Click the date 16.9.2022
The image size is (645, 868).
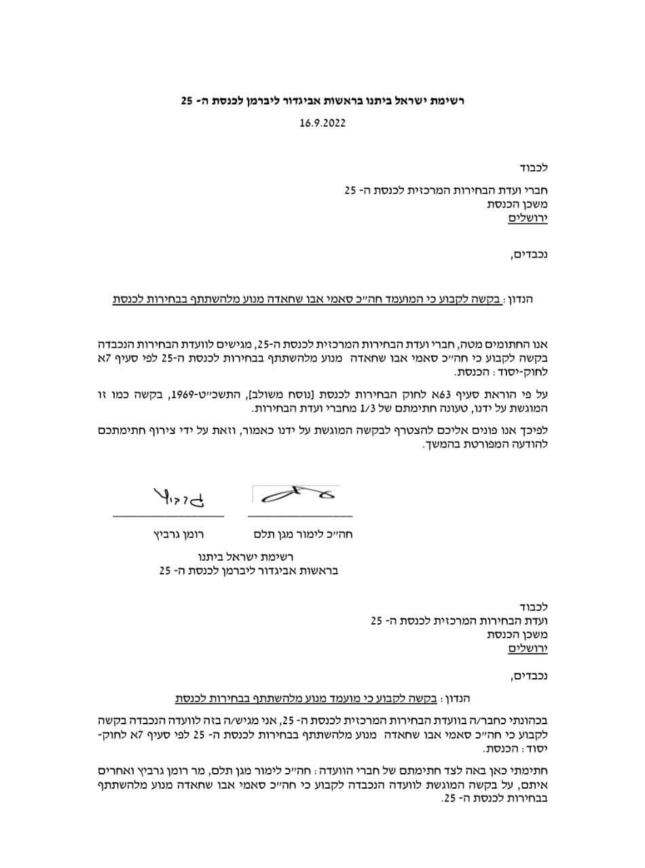coord(322,125)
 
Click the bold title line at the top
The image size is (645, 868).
coord(322,101)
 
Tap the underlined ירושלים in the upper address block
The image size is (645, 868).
coord(528,219)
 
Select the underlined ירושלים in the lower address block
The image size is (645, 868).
coord(528,649)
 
